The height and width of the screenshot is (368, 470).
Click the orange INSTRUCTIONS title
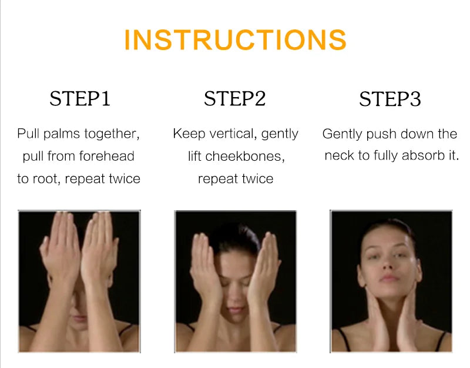click(236, 39)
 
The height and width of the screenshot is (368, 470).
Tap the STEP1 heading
click(80, 98)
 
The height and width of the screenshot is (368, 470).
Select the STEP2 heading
click(234, 98)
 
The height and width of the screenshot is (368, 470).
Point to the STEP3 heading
click(390, 99)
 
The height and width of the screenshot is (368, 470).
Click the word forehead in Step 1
click(107, 156)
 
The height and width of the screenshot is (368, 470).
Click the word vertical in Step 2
click(233, 134)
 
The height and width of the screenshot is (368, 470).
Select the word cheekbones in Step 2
click(244, 156)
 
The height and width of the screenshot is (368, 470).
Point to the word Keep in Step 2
click(189, 134)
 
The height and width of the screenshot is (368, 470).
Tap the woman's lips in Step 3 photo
click(389, 278)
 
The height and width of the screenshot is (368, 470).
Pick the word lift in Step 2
click(195, 156)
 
